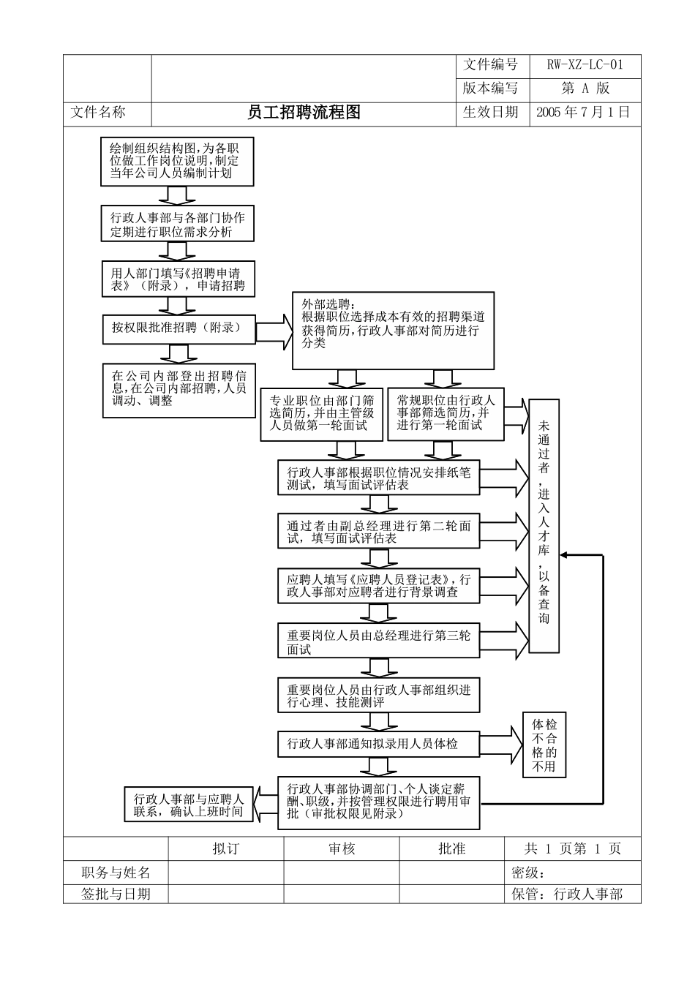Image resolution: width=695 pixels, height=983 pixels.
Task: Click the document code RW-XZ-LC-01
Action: click(585, 65)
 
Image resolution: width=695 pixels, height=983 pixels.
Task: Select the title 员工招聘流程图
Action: click(304, 113)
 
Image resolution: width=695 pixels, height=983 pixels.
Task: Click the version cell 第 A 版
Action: click(585, 88)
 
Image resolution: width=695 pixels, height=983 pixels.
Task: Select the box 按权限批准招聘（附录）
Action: click(178, 328)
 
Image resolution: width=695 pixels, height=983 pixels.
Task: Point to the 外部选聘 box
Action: click(393, 331)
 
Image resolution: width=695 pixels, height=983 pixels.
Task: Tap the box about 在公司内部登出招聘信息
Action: click(178, 390)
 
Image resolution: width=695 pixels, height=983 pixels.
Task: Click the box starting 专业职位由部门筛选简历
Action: click(322, 413)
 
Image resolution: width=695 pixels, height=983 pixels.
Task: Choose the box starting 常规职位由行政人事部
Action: click(445, 413)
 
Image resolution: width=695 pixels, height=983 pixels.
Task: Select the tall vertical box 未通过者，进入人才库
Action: click(544, 525)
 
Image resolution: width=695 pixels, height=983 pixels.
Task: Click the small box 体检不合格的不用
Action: click(544, 745)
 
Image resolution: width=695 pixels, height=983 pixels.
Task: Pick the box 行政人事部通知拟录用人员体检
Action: click(378, 744)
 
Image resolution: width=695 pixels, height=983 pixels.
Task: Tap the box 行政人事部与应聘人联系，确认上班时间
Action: click(188, 805)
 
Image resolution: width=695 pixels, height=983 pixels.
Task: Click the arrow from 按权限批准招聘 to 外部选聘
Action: click(274, 330)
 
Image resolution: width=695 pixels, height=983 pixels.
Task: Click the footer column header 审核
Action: click(341, 849)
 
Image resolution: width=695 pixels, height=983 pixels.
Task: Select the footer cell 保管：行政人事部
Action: click(573, 894)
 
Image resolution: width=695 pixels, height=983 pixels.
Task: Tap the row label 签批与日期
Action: click(116, 894)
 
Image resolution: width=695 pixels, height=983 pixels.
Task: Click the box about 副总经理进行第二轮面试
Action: click(378, 532)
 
